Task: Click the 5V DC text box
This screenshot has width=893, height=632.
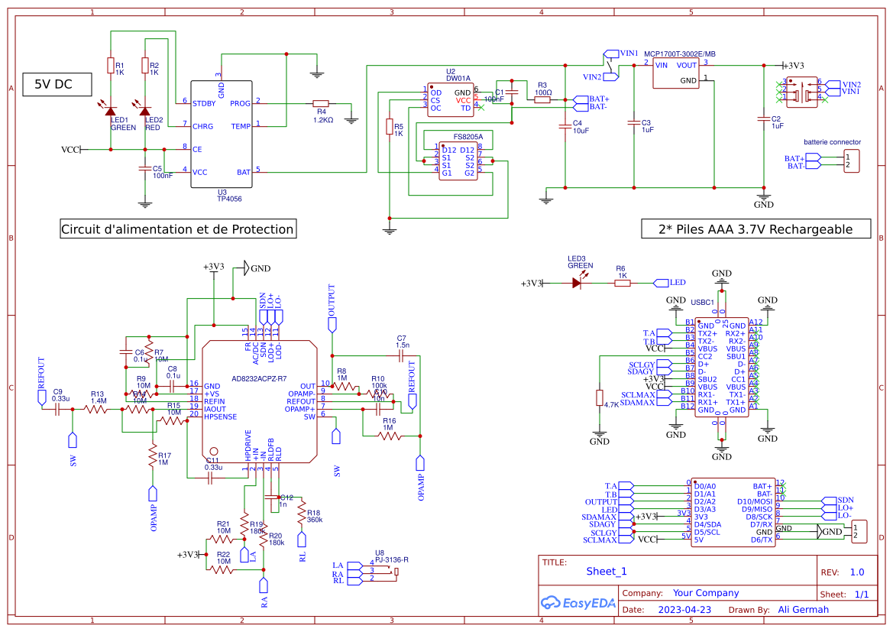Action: [x=53, y=85]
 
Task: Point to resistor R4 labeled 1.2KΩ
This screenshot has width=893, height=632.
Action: [x=321, y=102]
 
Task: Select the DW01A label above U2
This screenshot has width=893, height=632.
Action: [x=458, y=78]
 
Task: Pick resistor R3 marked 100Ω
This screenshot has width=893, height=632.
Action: [x=542, y=99]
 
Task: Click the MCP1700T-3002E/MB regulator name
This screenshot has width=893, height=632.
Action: [x=680, y=54]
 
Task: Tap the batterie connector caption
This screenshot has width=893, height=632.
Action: [x=832, y=142]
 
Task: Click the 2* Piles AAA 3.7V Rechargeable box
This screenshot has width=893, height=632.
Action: [x=755, y=228]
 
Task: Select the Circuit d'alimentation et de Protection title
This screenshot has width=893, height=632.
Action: [x=177, y=228]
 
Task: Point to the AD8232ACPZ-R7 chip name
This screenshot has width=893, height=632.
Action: [x=260, y=378]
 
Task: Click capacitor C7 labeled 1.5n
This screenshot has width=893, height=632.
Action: [x=402, y=355]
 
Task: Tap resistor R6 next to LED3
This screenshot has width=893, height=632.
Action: [x=622, y=282]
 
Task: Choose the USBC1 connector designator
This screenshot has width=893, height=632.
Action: [x=702, y=303]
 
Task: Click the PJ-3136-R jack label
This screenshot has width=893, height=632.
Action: [x=392, y=559]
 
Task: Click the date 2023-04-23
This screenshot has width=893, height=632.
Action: [x=684, y=610]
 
